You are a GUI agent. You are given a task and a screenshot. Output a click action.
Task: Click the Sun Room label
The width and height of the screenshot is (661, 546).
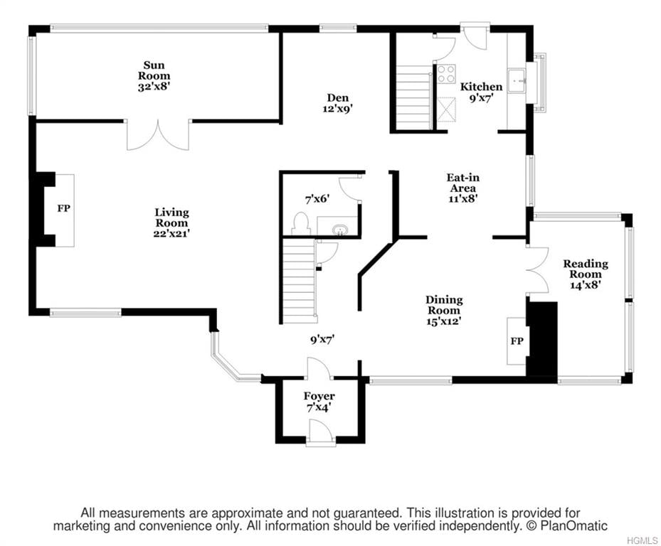pyautogui.click(x=154, y=76)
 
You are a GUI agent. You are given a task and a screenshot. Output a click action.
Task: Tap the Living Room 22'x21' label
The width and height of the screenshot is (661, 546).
pyautogui.click(x=171, y=223)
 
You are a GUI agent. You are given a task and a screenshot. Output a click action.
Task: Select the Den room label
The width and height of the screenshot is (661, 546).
pyautogui.click(x=338, y=103)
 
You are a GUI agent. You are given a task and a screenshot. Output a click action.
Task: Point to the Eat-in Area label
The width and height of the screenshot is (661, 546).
pyautogui.click(x=463, y=188)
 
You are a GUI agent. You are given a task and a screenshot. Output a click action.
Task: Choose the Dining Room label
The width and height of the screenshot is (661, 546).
pyautogui.click(x=444, y=311)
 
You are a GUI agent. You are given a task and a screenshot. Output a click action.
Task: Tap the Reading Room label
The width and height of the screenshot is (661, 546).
pyautogui.click(x=586, y=274)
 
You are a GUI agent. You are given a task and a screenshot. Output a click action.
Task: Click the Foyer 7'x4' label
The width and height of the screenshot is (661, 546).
pyautogui.click(x=319, y=402)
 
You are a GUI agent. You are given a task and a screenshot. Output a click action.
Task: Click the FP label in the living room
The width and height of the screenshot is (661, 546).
pyautogui.click(x=63, y=208)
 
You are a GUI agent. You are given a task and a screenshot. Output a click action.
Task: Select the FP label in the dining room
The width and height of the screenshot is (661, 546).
pyautogui.click(x=517, y=341)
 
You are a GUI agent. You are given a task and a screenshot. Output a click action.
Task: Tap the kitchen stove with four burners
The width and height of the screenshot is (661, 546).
pyautogui.click(x=446, y=74)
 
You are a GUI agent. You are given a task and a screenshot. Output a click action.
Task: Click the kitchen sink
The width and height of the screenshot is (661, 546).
pyautogui.click(x=517, y=81)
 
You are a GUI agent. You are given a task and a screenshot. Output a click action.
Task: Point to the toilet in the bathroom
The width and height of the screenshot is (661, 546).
pyautogui.click(x=300, y=224)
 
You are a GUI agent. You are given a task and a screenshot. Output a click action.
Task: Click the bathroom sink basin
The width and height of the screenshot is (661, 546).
pyautogui.click(x=339, y=230)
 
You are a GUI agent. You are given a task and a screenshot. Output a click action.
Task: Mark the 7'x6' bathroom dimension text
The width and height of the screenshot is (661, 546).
pyautogui.click(x=317, y=199)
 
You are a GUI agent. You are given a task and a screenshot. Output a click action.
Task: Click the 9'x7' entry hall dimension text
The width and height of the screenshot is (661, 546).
pyautogui.click(x=322, y=339)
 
